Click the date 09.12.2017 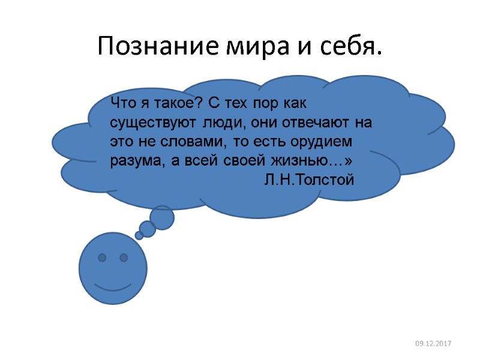click(x=434, y=343)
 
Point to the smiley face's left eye click(x=102, y=258)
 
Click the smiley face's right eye click(x=124, y=258)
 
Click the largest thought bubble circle click(x=162, y=217)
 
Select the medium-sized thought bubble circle click(x=148, y=229)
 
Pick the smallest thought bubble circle click(x=139, y=236)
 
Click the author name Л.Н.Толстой click(x=309, y=179)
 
